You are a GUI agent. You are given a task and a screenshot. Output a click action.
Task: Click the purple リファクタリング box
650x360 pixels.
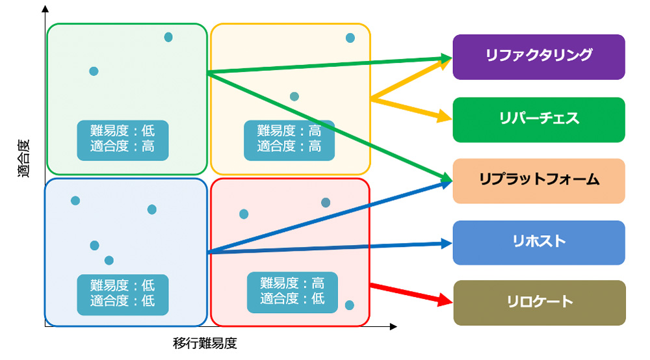(x=539, y=57)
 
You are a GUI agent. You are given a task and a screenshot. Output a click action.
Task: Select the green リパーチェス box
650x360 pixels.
(x=539, y=120)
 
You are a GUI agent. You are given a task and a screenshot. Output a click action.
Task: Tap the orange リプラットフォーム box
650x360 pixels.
(x=539, y=180)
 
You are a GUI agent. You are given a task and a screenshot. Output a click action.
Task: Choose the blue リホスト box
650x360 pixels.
(x=539, y=242)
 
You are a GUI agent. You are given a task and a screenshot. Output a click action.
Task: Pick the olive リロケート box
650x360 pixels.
(x=539, y=302)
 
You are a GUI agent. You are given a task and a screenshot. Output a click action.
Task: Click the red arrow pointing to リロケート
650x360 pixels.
(x=411, y=292)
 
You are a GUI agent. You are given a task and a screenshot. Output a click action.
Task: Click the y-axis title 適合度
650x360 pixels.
(x=24, y=163)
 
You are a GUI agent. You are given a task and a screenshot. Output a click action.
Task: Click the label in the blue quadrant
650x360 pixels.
(x=123, y=294)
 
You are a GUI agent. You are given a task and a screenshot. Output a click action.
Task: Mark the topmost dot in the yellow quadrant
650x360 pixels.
(x=350, y=38)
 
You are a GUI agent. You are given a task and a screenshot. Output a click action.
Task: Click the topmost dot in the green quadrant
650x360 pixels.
(x=168, y=37)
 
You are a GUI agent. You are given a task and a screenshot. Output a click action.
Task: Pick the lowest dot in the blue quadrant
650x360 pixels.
(x=109, y=261)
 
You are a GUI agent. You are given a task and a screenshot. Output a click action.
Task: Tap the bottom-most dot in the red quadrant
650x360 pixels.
(x=350, y=305)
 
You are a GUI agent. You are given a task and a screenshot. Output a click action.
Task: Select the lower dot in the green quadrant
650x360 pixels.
(x=94, y=71)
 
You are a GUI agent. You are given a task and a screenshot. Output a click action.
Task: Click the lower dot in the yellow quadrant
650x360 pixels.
(x=294, y=97)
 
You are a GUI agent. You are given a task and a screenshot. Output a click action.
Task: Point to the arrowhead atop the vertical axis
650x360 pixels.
(x=44, y=9)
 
